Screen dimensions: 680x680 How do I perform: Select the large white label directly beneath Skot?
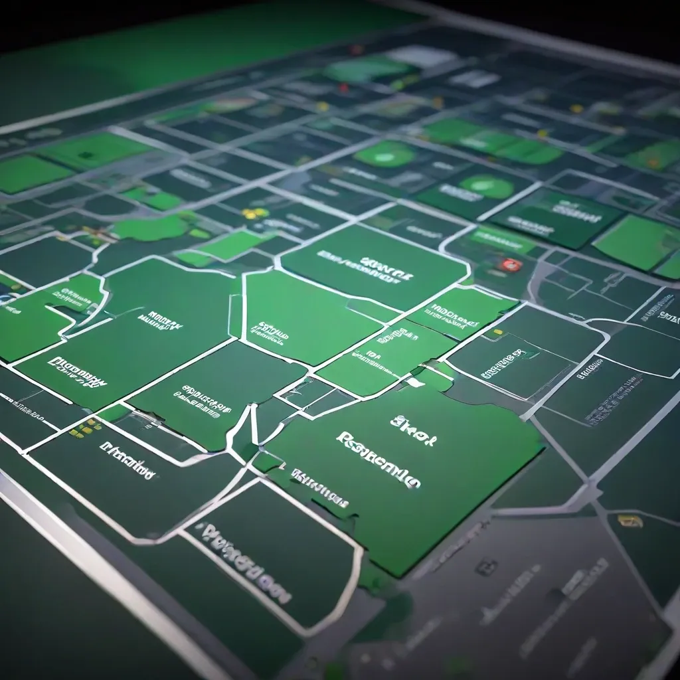point(379,460)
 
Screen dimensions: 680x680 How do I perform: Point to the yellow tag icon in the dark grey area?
point(630,521)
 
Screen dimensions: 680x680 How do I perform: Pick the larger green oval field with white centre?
point(385,154)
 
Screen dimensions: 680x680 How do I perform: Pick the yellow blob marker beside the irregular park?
point(252,214)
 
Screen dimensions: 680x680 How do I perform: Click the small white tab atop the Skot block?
point(416,382)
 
